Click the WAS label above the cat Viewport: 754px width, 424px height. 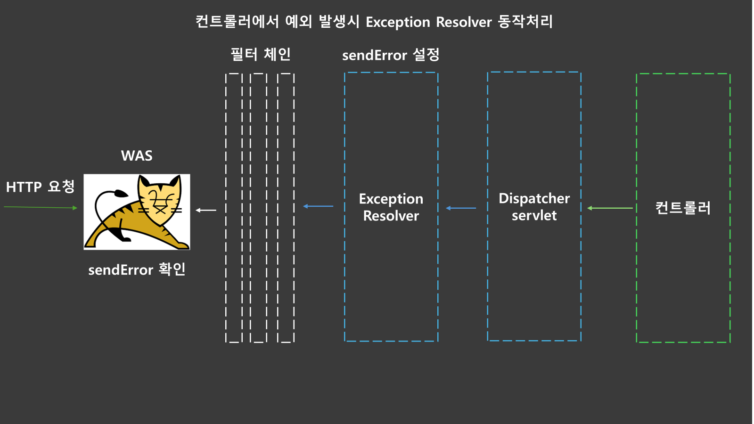[x=137, y=156]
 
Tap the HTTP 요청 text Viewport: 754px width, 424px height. [x=40, y=187]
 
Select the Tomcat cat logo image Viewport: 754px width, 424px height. [x=137, y=212]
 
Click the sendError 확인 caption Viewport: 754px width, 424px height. [x=137, y=269]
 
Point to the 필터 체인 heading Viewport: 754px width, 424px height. [x=260, y=54]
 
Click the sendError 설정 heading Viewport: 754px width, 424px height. [x=391, y=55]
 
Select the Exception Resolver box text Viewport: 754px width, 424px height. [x=391, y=207]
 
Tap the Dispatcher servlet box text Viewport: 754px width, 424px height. [x=534, y=206]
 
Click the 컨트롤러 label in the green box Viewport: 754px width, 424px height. [x=683, y=208]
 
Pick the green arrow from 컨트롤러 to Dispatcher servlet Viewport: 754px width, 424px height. [x=610, y=208]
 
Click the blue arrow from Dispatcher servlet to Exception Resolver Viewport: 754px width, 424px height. [x=461, y=208]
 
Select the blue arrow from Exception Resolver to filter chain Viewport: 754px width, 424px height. [x=318, y=206]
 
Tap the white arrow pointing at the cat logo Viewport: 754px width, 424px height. [x=206, y=210]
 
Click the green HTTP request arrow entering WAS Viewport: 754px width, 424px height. [x=41, y=207]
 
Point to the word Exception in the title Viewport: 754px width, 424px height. [x=398, y=22]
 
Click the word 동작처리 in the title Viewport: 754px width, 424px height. [x=525, y=22]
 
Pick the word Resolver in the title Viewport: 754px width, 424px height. [x=464, y=22]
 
